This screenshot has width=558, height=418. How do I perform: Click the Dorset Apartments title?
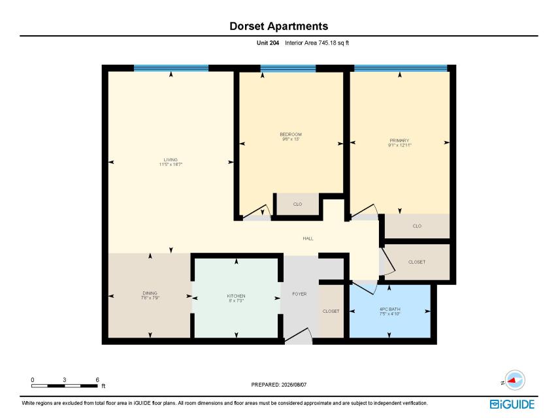click(278, 26)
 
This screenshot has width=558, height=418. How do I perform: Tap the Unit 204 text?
click(268, 43)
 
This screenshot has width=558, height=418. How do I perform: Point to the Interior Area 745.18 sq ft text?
click(317, 43)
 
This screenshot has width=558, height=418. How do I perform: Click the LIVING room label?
click(171, 160)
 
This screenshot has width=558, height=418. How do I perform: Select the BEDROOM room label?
click(291, 135)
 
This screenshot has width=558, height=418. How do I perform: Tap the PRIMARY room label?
click(399, 140)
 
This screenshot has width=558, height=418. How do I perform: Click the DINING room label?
click(150, 293)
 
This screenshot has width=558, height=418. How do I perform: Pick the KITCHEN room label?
click(236, 296)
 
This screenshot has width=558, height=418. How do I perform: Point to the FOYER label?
click(299, 294)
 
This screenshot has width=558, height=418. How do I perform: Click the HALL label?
click(308, 238)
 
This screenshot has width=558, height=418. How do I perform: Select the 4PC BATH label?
click(389, 309)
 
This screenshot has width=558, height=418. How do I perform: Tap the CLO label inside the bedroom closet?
click(297, 204)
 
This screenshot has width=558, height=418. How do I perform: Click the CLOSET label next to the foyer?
click(331, 312)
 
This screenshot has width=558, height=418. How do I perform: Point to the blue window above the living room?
click(171, 69)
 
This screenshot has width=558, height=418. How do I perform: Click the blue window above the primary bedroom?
click(401, 69)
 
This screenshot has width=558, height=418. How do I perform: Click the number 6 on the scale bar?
click(97, 379)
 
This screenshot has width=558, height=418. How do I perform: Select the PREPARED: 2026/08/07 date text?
click(278, 385)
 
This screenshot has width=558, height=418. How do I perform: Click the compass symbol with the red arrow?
click(515, 380)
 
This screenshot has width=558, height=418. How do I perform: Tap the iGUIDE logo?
click(512, 404)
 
